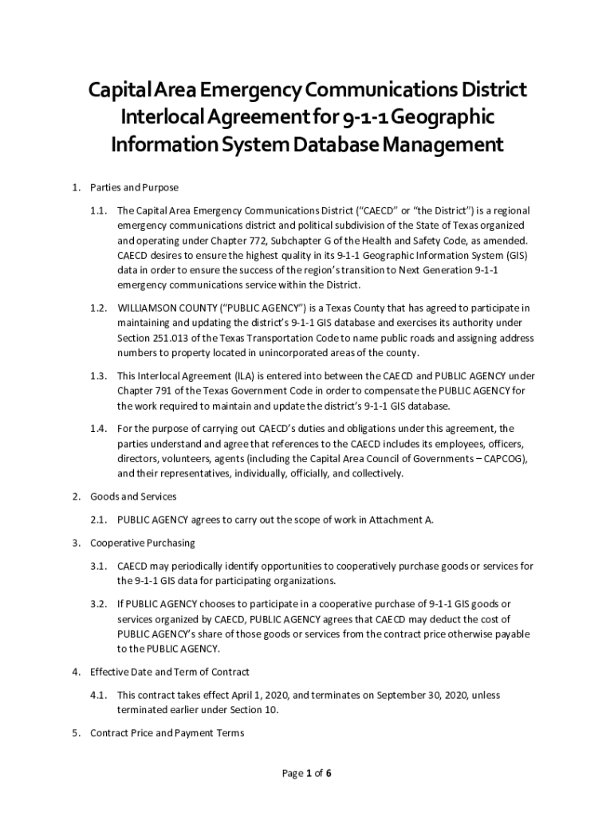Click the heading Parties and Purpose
pyautogui.click(x=134, y=188)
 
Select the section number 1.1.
pyautogui.click(x=99, y=211)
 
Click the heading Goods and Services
pyautogui.click(x=133, y=496)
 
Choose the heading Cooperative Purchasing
pyautogui.click(x=143, y=543)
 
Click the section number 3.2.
pyautogui.click(x=99, y=604)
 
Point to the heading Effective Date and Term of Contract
pyautogui.click(x=170, y=672)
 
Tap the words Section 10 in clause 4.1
pyautogui.click(x=265, y=709)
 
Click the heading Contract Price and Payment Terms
pyautogui.click(x=167, y=733)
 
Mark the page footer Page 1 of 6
pyautogui.click(x=307, y=773)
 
